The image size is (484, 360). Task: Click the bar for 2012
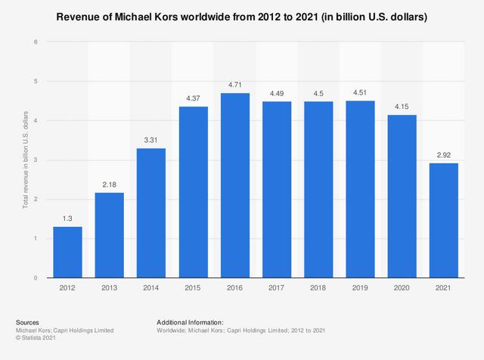click(68, 253)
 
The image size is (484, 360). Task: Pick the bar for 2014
click(150, 213)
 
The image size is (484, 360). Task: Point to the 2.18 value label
click(110, 185)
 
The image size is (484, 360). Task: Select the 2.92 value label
click(445, 155)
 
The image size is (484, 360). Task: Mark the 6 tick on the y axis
click(36, 42)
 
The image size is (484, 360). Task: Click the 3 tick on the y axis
click(36, 160)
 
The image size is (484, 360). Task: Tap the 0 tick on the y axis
click(36, 278)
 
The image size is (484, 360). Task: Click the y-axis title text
click(25, 159)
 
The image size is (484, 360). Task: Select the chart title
click(242, 17)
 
